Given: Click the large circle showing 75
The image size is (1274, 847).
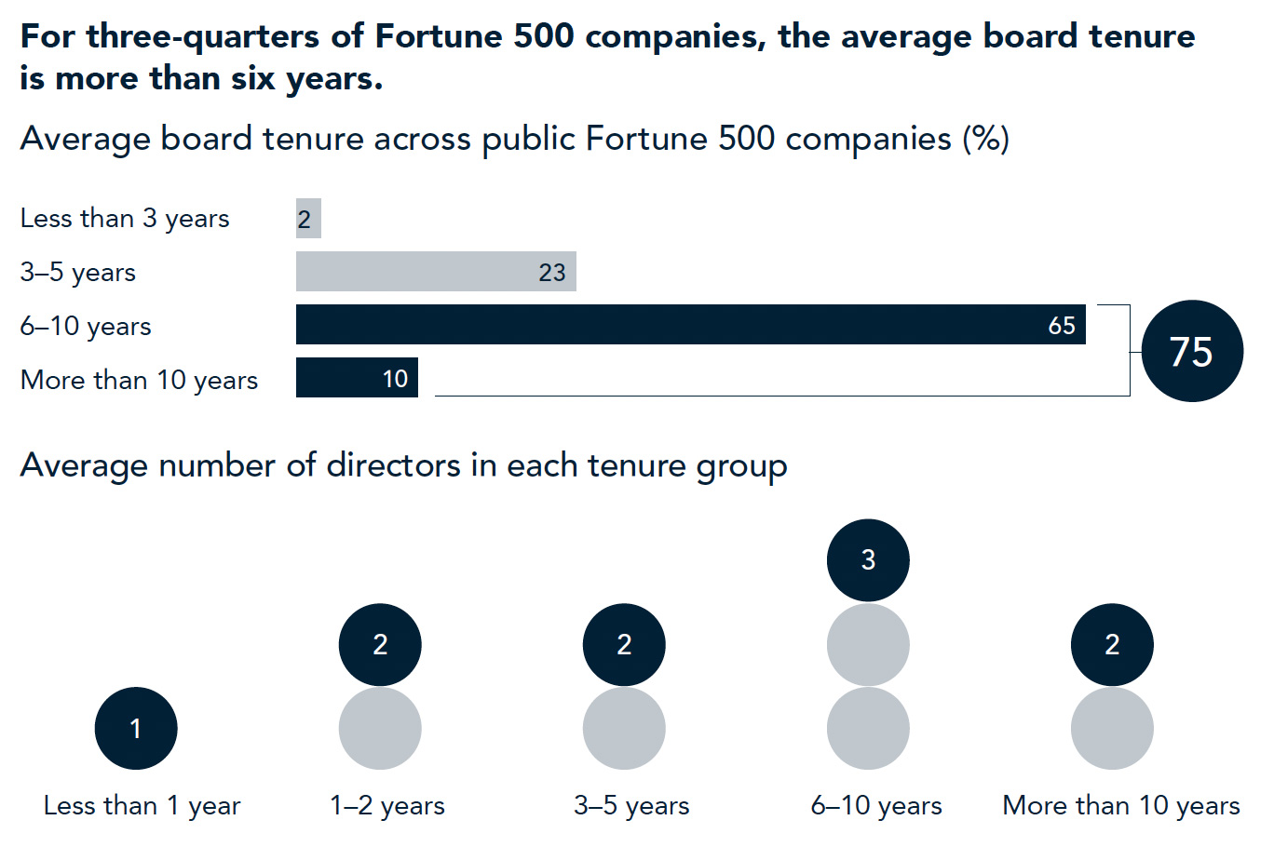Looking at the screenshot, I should [1191, 352].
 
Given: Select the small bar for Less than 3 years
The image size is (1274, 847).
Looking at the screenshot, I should [308, 219].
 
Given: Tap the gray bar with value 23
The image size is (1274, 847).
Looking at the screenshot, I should [436, 272].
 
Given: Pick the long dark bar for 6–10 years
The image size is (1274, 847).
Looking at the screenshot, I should [690, 325].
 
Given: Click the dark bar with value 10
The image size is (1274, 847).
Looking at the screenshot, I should [357, 378].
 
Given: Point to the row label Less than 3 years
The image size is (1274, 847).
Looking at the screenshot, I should [125, 219].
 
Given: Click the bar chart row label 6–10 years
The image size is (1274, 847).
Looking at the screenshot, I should [86, 327].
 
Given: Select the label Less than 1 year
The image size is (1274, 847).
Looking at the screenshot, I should [142, 806].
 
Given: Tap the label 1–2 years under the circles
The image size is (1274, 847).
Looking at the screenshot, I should [387, 806].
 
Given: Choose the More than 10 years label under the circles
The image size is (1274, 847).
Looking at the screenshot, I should [1120, 806].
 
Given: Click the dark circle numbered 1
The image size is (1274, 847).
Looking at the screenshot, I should [136, 728].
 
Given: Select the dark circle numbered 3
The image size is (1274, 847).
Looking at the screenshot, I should [868, 560].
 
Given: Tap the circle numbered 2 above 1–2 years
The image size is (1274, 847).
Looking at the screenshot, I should [380, 644].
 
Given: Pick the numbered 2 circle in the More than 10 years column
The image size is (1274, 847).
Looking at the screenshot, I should [1112, 644].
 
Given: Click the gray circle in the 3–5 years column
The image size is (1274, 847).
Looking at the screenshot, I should [624, 728].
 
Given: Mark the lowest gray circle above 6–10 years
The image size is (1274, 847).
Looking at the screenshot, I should [868, 728].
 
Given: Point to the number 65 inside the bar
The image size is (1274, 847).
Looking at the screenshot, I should [1061, 326].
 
